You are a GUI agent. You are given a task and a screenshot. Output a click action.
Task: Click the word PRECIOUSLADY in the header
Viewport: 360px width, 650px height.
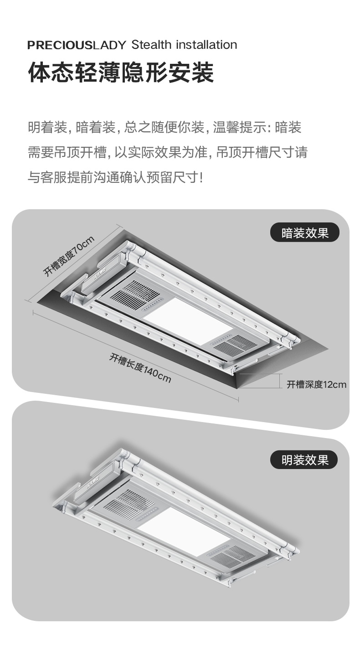point(76,45)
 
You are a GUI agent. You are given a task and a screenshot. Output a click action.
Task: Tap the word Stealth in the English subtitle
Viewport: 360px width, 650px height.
point(151,45)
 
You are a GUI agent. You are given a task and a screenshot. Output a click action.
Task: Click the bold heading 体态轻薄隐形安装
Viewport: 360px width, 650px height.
point(121,72)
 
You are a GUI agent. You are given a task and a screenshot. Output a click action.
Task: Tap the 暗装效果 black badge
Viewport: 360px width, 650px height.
point(305,233)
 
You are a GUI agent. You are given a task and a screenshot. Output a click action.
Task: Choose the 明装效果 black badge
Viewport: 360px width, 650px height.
point(305,459)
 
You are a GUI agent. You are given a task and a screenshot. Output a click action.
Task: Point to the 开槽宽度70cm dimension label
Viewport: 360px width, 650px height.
point(68,257)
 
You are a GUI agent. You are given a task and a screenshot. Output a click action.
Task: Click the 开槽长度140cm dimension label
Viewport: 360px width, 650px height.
point(139,368)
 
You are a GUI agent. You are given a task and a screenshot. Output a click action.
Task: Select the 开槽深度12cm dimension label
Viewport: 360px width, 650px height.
point(316,385)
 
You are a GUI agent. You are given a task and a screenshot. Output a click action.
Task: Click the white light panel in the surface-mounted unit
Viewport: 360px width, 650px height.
point(182,531)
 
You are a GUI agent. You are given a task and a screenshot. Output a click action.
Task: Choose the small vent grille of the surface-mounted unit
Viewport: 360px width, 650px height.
point(232,554)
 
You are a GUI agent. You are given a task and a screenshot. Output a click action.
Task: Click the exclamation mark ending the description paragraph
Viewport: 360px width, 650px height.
point(201,177)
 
